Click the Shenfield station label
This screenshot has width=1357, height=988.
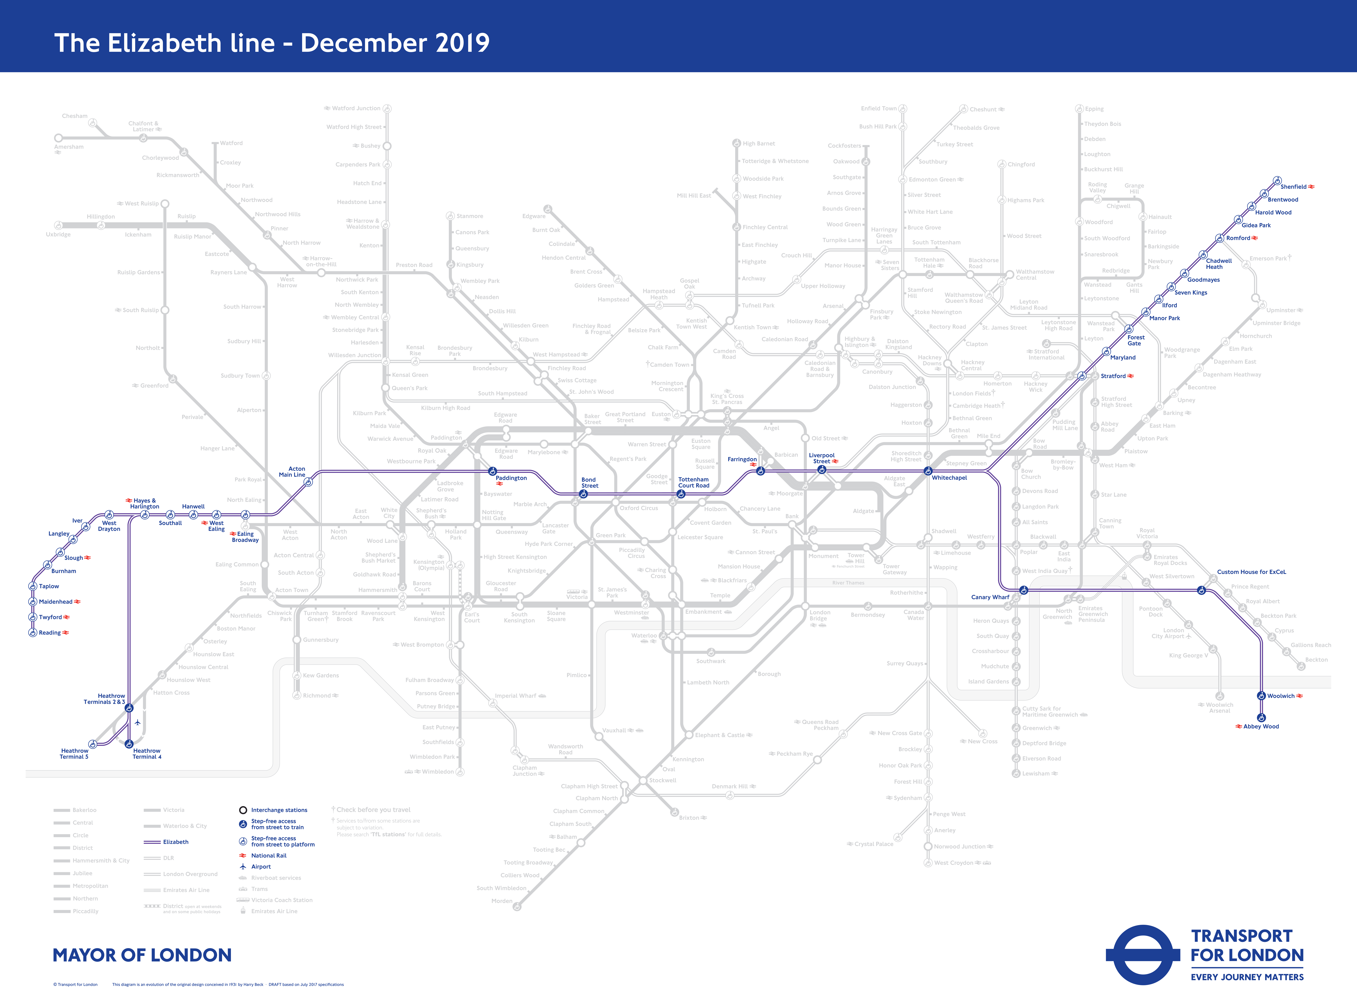coord(1293,187)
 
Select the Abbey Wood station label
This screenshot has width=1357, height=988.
coord(1261,727)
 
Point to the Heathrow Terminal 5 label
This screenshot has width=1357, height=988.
coord(74,754)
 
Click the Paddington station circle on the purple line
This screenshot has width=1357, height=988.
coord(492,471)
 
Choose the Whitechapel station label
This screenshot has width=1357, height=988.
coord(949,478)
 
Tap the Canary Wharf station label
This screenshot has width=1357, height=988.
coord(990,597)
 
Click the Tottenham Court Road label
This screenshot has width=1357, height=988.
coord(693,483)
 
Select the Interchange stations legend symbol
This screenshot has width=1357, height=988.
coord(243,810)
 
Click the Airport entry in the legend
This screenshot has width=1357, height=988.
coord(261,867)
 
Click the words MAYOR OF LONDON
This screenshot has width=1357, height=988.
coord(142,955)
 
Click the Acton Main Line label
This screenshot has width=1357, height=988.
coord(293,472)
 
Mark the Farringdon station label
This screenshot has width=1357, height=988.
coord(742,459)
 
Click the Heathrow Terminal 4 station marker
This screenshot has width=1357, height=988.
coord(129,744)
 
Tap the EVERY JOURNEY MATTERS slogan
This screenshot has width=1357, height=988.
coord(1247,977)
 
